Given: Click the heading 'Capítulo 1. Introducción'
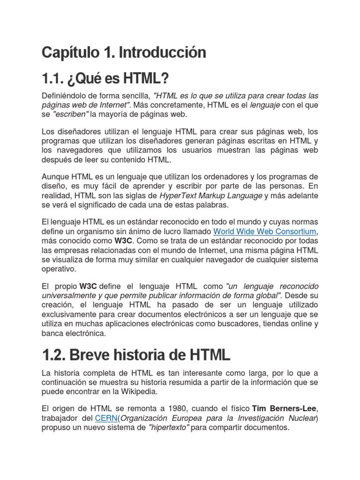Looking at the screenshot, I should [x=124, y=52].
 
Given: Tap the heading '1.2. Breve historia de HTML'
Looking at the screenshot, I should [x=136, y=355].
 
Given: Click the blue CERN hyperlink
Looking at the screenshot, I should [x=106, y=418].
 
